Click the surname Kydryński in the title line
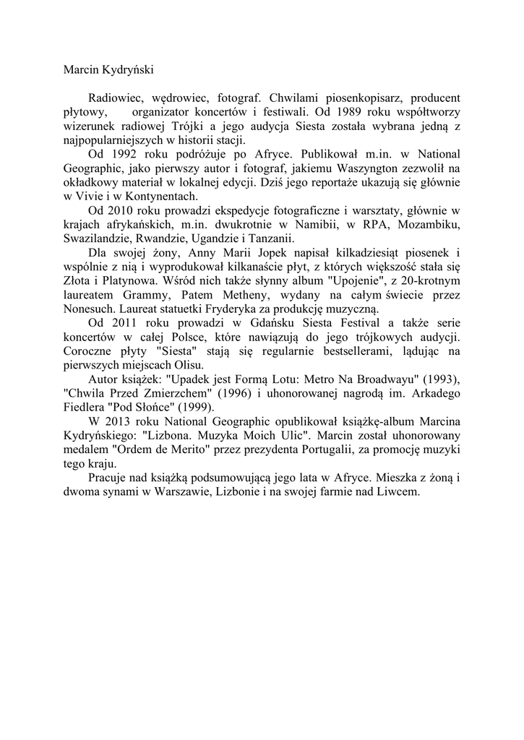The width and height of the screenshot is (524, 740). (x=126, y=70)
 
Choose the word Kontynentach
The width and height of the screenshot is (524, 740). (x=149, y=196)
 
